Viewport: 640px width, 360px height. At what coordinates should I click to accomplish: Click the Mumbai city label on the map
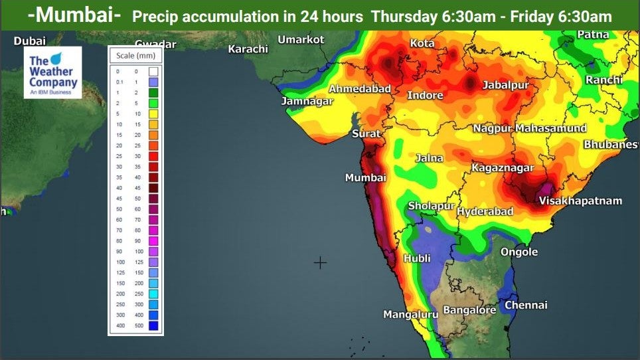[x=365, y=178]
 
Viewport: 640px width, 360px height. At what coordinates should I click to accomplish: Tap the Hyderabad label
[x=485, y=211]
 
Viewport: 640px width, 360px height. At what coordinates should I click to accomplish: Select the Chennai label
[x=526, y=306]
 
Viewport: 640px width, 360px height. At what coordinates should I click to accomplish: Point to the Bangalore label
[x=469, y=310]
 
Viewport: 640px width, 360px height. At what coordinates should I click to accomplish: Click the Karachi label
[x=248, y=49]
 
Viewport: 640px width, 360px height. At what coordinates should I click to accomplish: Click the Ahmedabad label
[x=360, y=89]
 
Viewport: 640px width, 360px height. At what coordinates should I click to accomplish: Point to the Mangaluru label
[x=410, y=314]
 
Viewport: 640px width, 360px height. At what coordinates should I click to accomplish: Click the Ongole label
[x=519, y=252]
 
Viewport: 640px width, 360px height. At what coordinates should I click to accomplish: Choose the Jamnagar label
[x=307, y=101]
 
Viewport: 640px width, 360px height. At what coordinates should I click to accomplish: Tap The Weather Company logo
[x=52, y=72]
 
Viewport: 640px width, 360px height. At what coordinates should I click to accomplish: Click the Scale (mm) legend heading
[x=135, y=56]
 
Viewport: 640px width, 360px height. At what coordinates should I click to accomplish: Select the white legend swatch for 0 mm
[x=153, y=71]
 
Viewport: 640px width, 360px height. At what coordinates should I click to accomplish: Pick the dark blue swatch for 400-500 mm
[x=153, y=325]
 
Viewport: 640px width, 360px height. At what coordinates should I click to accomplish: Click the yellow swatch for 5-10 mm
[x=153, y=114]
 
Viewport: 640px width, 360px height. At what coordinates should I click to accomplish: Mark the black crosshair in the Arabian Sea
[x=320, y=263]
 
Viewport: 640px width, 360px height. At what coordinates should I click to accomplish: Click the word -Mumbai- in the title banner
[x=74, y=15]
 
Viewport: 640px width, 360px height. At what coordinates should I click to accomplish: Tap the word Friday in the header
[x=533, y=16]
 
